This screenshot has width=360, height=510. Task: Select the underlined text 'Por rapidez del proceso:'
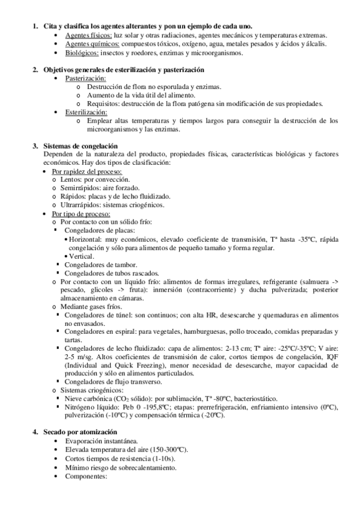[x=87, y=171]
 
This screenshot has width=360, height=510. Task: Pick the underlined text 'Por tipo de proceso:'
[x=81, y=214]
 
